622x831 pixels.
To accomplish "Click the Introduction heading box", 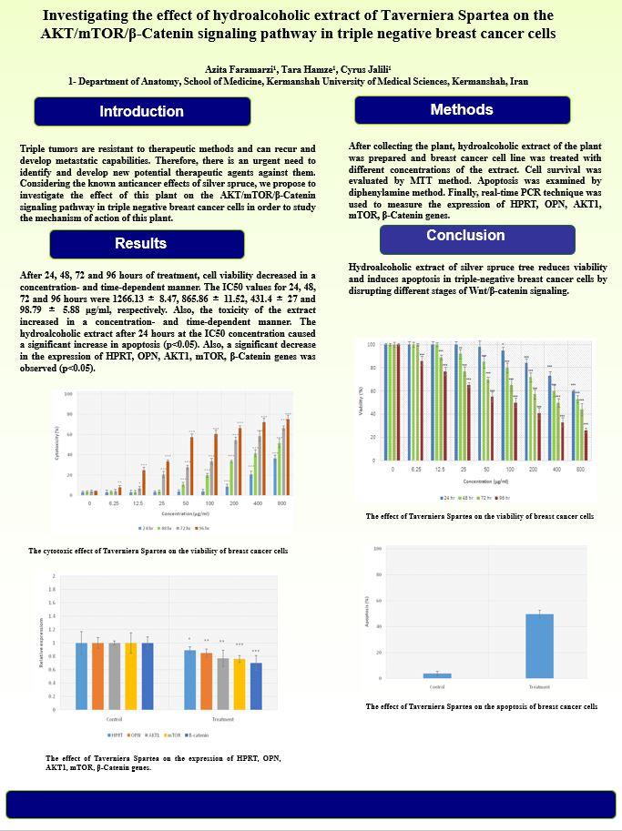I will click(x=141, y=111).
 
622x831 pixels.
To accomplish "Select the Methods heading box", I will click(x=462, y=110).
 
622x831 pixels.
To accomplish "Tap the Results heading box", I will click(x=141, y=244).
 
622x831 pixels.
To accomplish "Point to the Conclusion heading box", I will click(x=464, y=237).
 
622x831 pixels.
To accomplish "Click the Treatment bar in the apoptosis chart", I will click(x=539, y=645).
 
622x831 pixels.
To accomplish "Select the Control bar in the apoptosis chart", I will click(x=437, y=675).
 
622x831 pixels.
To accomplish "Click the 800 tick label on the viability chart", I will click(x=580, y=469).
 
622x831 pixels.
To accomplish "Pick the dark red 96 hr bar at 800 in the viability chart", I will click(x=586, y=445).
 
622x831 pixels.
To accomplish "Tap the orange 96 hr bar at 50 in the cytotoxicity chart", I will click(x=191, y=465).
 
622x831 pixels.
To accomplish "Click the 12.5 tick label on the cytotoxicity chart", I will click(x=138, y=502).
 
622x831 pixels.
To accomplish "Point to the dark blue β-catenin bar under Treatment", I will click(x=255, y=685).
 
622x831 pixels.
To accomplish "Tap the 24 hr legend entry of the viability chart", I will click(x=446, y=498).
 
